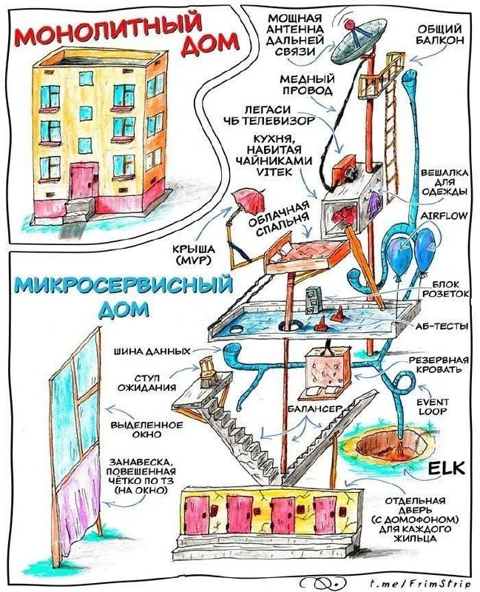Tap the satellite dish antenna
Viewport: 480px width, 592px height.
(x=356, y=41)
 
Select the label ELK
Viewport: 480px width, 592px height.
(x=447, y=468)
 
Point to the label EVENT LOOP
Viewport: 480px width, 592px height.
(x=427, y=406)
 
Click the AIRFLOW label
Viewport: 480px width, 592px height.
(x=443, y=215)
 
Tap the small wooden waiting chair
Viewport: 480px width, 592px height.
(x=207, y=372)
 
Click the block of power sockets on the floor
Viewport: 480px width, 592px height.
(x=312, y=300)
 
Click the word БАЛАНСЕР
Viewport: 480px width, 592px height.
(x=315, y=409)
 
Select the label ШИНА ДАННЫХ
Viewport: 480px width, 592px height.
(x=152, y=351)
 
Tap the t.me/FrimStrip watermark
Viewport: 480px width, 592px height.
(x=414, y=583)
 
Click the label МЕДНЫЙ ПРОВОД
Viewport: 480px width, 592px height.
(x=307, y=85)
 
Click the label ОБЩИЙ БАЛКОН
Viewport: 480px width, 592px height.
(x=440, y=34)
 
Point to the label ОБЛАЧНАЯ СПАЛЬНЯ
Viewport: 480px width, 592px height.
(x=279, y=219)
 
